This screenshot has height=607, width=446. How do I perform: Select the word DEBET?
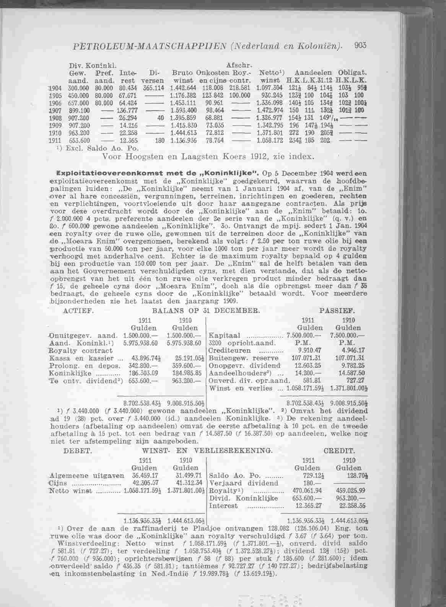point(78,451)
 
